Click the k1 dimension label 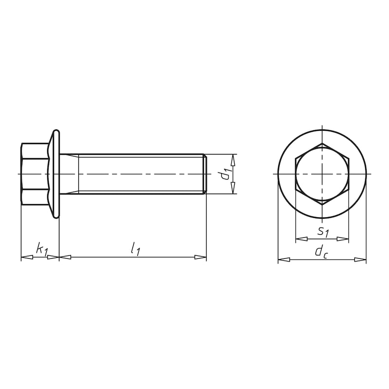click(x=42, y=249)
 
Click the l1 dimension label click(x=135, y=249)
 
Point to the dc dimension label click(x=321, y=252)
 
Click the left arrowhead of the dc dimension click(x=283, y=260)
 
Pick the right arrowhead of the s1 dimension click(x=343, y=239)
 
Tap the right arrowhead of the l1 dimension click(x=200, y=257)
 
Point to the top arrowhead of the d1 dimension click(x=233, y=160)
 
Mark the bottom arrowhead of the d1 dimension click(x=233, y=188)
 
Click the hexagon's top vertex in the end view click(x=322, y=144)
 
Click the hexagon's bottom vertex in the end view click(x=322, y=204)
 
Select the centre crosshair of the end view click(x=322, y=174)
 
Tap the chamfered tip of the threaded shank click(x=205, y=174)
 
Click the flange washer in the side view click(x=57, y=174)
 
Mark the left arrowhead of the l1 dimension click(x=65, y=257)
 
